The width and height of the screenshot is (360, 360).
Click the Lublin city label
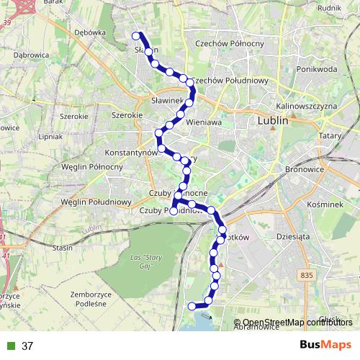tap(272, 122)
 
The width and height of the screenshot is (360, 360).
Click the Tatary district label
tap(329, 135)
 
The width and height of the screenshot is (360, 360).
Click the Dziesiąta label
tap(292, 235)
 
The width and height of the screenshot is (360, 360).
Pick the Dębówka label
tap(90, 32)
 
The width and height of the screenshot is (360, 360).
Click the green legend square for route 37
tap(11, 346)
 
